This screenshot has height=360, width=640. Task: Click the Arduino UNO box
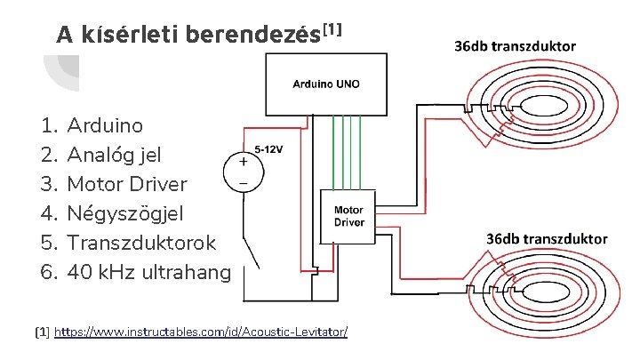[327, 84]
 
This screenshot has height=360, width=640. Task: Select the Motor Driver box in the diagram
[348, 216]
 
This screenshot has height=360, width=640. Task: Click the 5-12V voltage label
[269, 149]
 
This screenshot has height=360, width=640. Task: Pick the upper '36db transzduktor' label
[515, 45]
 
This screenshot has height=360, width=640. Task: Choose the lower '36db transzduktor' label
[546, 238]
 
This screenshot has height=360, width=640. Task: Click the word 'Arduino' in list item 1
[104, 125]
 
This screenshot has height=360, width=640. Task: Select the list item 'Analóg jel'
[114, 155]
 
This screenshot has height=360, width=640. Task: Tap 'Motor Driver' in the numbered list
[127, 184]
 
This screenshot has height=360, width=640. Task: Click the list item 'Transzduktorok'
[141, 243]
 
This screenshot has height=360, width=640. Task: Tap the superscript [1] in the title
[332, 29]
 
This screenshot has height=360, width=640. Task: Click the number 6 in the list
[48, 272]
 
